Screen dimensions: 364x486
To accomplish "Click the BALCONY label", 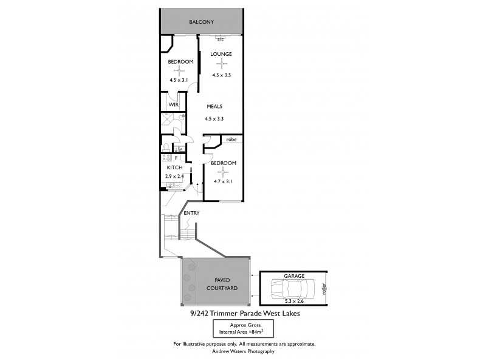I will [x=200, y=22].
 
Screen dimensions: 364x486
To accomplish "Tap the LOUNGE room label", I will [x=221, y=54].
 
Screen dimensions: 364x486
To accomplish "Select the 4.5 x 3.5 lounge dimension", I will [x=221, y=75].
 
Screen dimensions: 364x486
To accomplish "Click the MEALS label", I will [x=214, y=106].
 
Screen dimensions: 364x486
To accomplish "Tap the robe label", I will [x=231, y=140].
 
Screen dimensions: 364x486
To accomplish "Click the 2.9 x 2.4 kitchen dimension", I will [x=174, y=176].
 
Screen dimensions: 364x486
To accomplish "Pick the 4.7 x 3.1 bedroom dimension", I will [x=223, y=181].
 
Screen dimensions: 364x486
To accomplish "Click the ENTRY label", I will [x=192, y=213].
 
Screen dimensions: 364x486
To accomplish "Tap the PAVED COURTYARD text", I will [x=217, y=284].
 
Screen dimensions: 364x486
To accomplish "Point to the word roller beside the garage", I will [x=324, y=286].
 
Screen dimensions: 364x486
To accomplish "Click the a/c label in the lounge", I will [x=221, y=39].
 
